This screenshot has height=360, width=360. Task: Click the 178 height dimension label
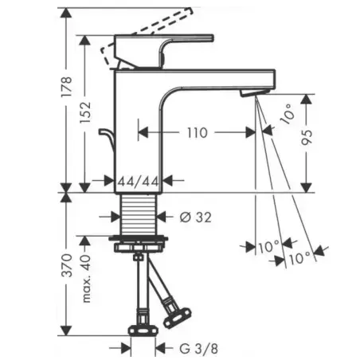66,87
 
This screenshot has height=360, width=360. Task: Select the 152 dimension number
85,112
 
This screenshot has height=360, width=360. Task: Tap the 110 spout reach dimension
197,132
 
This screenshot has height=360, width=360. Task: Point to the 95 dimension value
307,137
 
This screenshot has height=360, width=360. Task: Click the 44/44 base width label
138,182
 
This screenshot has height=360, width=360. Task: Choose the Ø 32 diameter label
196,217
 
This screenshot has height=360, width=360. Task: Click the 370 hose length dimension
66,265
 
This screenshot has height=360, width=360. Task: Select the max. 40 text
86,279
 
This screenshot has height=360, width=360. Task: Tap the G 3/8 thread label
198,348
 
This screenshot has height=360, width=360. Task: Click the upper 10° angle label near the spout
288,114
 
